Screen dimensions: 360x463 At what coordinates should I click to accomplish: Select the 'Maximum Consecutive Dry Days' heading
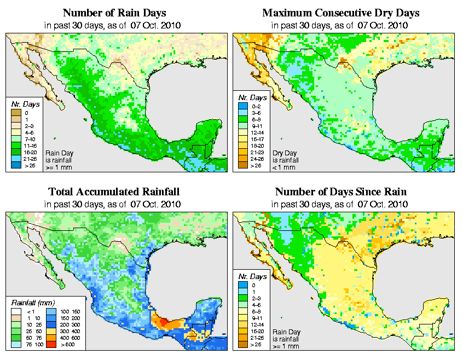340,13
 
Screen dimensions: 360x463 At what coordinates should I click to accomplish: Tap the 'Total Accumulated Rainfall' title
114,192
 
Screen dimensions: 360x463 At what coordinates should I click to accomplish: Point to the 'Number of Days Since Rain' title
340,192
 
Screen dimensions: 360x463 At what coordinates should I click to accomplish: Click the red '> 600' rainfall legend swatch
50,344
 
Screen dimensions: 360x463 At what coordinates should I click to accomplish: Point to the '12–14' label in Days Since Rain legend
256,324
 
